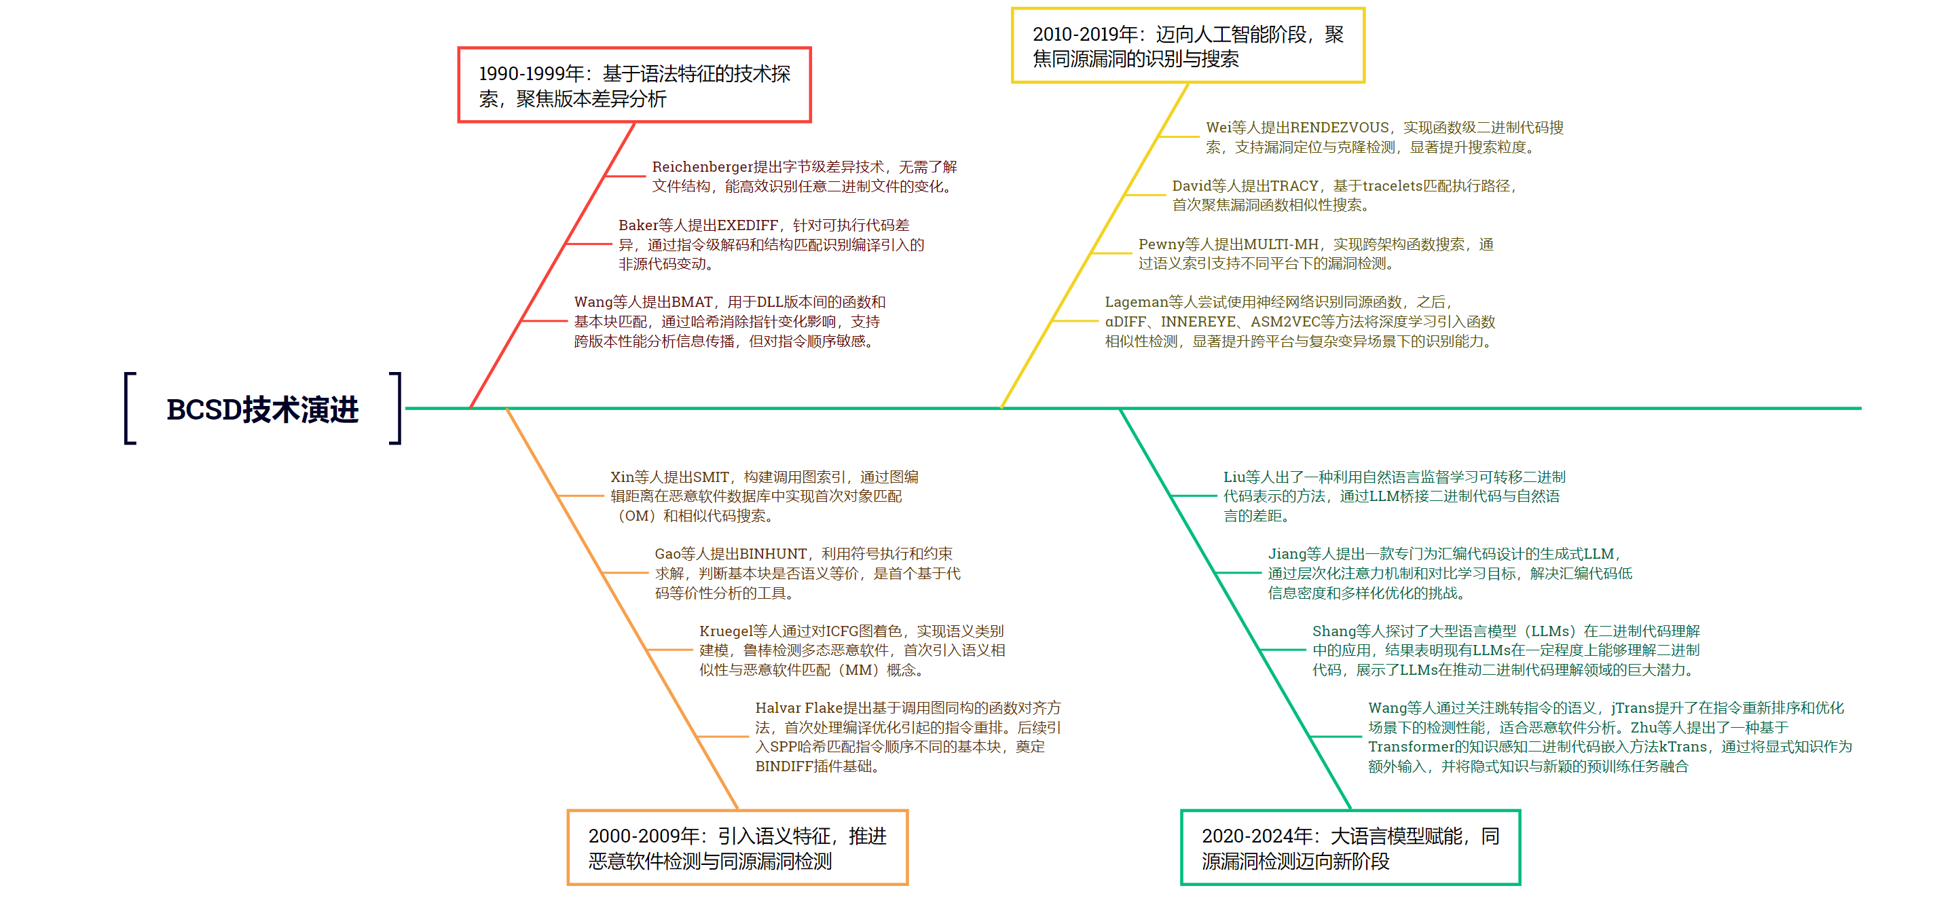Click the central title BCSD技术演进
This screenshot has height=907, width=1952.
[x=262, y=409]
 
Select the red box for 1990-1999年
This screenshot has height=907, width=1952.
[x=634, y=85]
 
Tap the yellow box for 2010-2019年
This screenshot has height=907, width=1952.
[x=1187, y=45]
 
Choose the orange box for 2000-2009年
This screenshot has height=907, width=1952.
[x=737, y=847]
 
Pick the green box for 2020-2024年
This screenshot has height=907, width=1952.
[x=1350, y=847]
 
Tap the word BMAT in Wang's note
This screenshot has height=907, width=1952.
[x=691, y=302]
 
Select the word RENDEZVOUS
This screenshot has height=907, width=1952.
[x=1339, y=128]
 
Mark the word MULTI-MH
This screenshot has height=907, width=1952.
[x=1281, y=244]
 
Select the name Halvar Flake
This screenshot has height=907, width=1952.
[x=798, y=707]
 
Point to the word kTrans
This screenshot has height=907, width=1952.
[x=1683, y=746]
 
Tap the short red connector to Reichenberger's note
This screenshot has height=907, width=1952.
[x=625, y=176]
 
